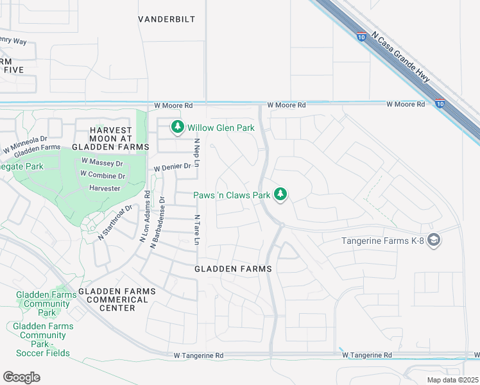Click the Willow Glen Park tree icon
pos(177,128)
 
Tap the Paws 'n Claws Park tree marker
pos(280,194)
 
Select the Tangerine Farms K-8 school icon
pos(434,240)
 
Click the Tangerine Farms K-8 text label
pos(382,241)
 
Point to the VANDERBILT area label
pos(166,19)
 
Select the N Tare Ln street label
pos(198,230)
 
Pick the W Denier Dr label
pos(172,166)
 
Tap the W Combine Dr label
pos(103,175)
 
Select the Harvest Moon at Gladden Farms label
pos(110,138)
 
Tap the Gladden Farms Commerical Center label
pos(117,300)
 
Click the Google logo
pos(21,377)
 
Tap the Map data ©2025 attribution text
pos(452,380)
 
